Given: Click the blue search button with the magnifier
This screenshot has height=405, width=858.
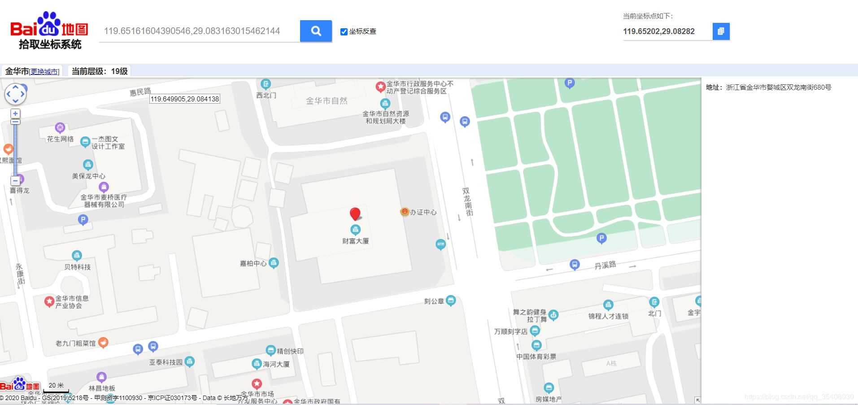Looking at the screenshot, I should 316,31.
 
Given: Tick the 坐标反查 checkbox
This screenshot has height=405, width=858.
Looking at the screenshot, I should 344,31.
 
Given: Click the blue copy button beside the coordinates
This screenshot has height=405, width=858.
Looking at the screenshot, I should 721,31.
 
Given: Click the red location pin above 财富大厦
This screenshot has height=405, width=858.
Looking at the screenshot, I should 355,213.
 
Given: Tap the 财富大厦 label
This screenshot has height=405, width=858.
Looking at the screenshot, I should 356,241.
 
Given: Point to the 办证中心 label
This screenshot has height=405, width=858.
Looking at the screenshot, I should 423,212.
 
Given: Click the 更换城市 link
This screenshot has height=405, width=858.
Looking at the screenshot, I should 44,72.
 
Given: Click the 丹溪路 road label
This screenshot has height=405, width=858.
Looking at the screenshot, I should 605,265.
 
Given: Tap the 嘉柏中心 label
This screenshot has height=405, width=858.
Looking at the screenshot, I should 253,263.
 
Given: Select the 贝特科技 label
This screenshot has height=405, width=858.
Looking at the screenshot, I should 77,267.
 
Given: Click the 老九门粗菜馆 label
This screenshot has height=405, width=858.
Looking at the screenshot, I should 76,343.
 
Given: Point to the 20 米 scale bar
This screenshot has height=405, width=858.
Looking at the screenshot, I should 56,387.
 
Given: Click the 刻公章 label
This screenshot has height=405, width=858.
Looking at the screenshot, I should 434,301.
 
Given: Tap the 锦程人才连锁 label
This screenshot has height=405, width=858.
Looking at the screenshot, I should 608,316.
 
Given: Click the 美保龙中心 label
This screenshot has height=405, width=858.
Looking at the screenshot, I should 89,176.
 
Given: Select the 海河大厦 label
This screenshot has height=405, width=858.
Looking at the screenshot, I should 276,364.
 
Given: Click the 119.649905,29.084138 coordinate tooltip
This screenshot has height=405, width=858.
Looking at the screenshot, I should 185,99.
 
